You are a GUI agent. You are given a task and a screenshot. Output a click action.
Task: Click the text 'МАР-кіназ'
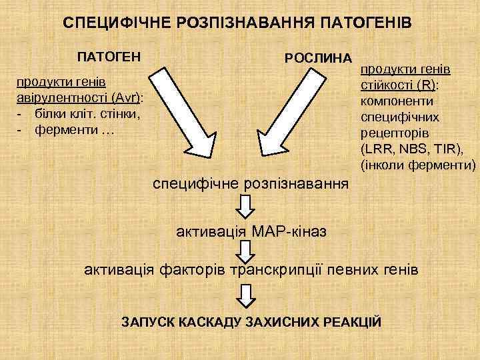coord(290,231)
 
